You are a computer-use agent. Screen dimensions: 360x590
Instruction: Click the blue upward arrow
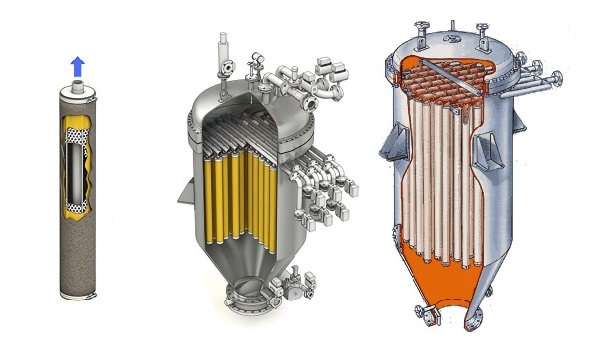(77, 67)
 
